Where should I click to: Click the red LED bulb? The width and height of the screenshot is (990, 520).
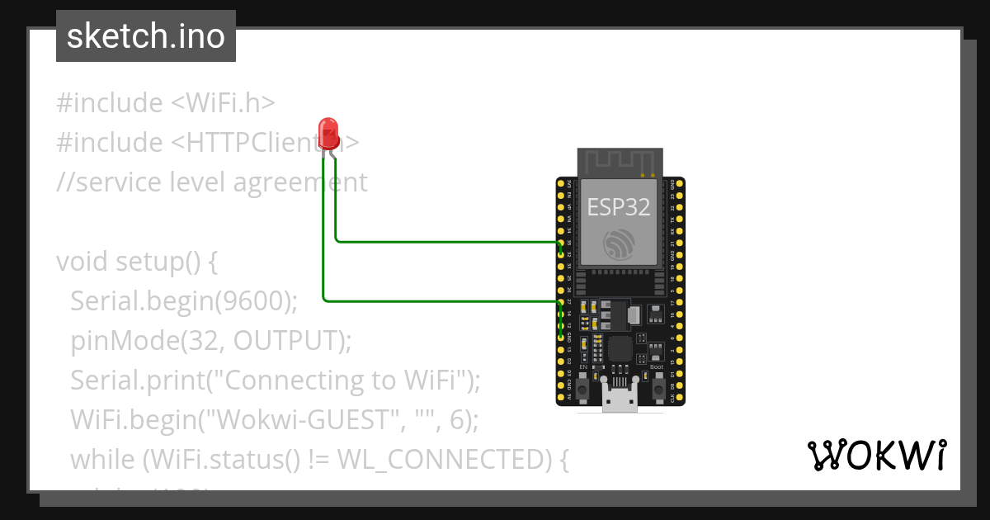[x=328, y=133]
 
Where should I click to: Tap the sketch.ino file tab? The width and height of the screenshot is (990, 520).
[x=146, y=36]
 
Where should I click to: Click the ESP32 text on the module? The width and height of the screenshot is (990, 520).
[x=619, y=206]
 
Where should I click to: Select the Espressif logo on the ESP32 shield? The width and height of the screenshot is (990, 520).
[x=620, y=244]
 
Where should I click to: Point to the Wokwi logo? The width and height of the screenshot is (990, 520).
[x=876, y=456]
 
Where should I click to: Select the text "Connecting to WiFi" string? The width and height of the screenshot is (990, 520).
[x=342, y=381]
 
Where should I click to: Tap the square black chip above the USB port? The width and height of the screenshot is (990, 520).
[x=619, y=348]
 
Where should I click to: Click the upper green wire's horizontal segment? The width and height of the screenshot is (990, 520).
[x=445, y=242]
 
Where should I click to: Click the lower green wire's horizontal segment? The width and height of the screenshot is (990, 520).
[x=437, y=300]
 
